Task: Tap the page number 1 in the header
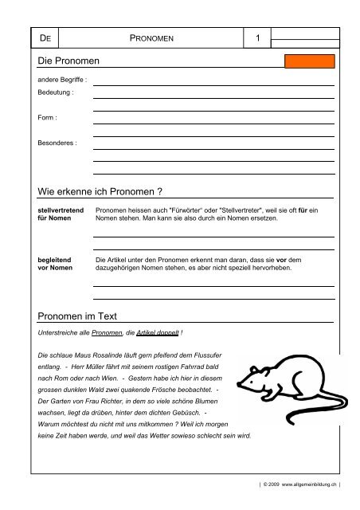coord(258,37)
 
